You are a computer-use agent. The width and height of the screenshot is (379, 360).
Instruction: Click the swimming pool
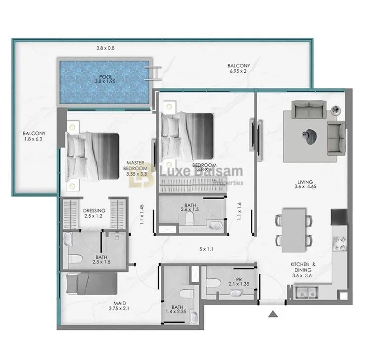(104, 82)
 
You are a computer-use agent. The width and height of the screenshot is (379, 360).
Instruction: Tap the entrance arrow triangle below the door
(273, 314)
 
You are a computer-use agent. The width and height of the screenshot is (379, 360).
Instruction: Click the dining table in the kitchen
(294, 230)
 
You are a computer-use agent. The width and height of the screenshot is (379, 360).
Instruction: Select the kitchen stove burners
(339, 244)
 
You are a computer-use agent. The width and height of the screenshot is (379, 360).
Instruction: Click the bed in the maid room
(92, 284)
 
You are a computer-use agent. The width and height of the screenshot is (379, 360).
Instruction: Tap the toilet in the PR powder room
(214, 283)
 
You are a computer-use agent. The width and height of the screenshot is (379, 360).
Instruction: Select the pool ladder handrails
(153, 73)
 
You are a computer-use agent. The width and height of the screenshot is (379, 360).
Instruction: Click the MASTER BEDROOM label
(135, 166)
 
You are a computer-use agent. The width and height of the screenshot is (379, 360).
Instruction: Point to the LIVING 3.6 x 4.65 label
(305, 184)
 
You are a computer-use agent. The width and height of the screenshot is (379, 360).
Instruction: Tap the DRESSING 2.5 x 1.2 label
(94, 213)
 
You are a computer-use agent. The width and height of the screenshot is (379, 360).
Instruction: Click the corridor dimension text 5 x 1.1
(206, 249)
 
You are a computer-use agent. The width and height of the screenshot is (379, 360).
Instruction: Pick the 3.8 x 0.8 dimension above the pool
(105, 48)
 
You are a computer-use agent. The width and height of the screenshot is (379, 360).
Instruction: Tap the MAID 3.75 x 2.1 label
(119, 306)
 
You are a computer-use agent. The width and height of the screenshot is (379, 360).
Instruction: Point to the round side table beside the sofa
(336, 110)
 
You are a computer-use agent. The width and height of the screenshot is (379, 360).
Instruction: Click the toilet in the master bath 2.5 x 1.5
(75, 259)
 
